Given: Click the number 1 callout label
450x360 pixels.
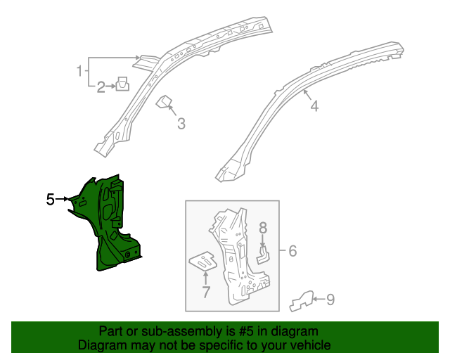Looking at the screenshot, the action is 80,70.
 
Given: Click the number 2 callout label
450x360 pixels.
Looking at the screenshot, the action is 101,87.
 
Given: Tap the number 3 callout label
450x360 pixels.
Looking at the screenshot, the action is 181,124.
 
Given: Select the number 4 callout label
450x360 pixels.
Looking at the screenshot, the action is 314,106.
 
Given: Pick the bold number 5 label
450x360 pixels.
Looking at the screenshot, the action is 51,200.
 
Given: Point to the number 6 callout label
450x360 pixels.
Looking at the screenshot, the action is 293,251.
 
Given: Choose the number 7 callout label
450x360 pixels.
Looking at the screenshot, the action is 206,292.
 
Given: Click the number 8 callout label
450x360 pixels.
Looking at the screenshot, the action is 264,227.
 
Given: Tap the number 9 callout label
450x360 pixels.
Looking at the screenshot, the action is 330,300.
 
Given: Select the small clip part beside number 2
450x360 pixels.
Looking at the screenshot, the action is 122,84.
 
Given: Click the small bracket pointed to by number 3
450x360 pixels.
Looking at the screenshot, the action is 165,103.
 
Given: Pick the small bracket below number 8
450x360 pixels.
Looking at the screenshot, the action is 264,253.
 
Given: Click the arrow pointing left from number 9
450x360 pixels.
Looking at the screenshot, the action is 319,300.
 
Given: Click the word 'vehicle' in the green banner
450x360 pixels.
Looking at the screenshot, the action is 310,345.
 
